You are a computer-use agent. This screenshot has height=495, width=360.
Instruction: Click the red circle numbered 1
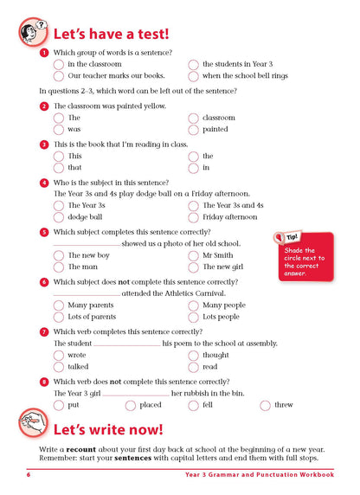coord(44,53)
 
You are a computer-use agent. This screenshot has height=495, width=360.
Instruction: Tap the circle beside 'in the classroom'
coord(59,64)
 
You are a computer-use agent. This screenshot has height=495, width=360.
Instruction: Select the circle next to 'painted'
coord(194,129)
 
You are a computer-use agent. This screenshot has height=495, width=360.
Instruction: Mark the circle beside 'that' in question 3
coord(59,168)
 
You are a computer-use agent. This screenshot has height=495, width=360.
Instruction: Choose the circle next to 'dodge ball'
coord(59,217)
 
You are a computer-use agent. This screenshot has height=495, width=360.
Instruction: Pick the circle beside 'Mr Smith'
coord(194,255)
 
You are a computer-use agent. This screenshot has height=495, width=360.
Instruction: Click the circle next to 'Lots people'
coord(194,317)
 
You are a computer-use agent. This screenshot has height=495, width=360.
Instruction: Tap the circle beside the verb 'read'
coord(194,367)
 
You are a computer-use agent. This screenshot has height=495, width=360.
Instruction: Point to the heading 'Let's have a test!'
coord(112,35)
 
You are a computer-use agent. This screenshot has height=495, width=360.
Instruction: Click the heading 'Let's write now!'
coord(108,429)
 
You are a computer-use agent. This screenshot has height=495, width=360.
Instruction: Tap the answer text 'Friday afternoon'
coord(230,217)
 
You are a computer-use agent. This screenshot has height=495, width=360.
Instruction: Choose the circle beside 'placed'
coord(131,404)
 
